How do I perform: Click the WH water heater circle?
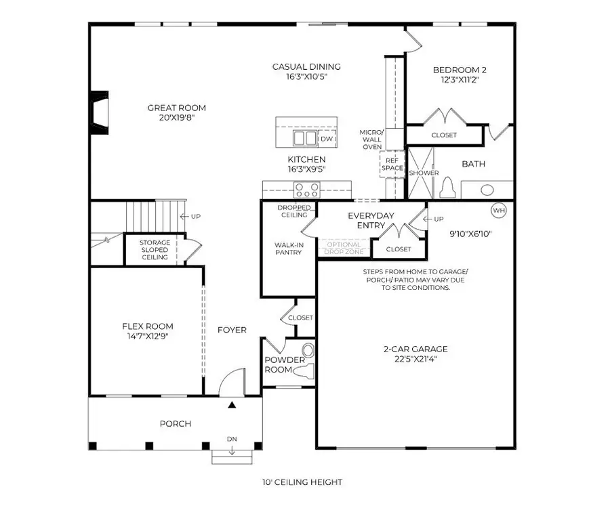[499, 211]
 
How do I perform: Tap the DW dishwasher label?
[326, 138]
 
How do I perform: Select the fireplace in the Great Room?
[99, 112]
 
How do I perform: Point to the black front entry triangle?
[232, 405]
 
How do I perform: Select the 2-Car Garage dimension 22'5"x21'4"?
[415, 360]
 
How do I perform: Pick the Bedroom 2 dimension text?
[460, 80]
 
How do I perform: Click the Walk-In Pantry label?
[288, 249]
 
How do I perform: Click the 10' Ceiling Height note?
[303, 482]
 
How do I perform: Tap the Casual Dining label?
[306, 66]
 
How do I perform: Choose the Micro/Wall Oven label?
[372, 139]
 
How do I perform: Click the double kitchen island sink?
[304, 139]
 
